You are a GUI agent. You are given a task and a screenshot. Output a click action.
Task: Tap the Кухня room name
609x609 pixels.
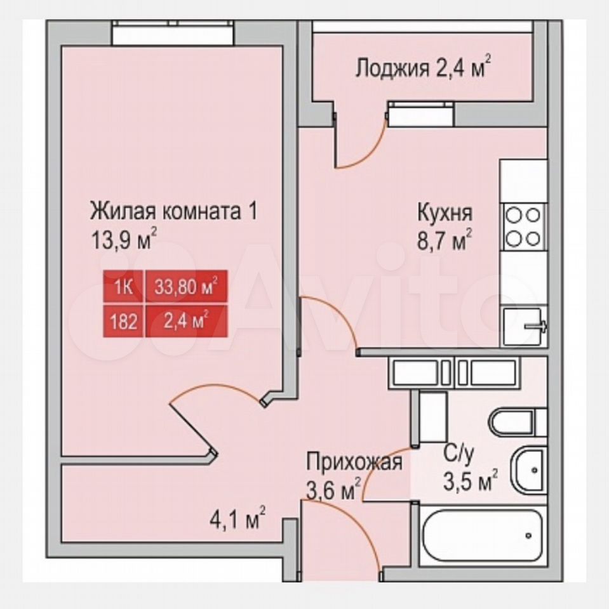pos(445,213)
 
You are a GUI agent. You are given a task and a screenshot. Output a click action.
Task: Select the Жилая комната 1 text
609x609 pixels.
pos(173,211)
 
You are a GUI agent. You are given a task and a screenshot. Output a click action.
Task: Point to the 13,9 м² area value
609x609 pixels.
pos(124,239)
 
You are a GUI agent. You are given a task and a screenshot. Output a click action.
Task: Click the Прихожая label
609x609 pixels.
pos(354,462)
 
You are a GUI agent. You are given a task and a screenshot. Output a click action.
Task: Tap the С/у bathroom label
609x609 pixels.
pos(459,454)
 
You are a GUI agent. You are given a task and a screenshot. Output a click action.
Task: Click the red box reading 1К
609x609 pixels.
pos(124,287)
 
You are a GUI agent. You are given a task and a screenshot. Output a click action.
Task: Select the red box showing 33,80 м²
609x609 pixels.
pos(186,286)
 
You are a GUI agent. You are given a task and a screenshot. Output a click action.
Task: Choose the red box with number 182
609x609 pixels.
pos(124,321)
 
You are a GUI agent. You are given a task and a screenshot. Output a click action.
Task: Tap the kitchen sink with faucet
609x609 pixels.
pos(525,327)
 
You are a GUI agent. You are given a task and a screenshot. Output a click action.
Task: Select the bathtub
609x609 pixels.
pos(482,535)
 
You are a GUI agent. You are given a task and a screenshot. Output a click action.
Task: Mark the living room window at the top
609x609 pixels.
pos(173,32)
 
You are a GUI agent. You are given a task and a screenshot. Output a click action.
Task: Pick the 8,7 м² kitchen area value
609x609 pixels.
pos(445,240)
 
